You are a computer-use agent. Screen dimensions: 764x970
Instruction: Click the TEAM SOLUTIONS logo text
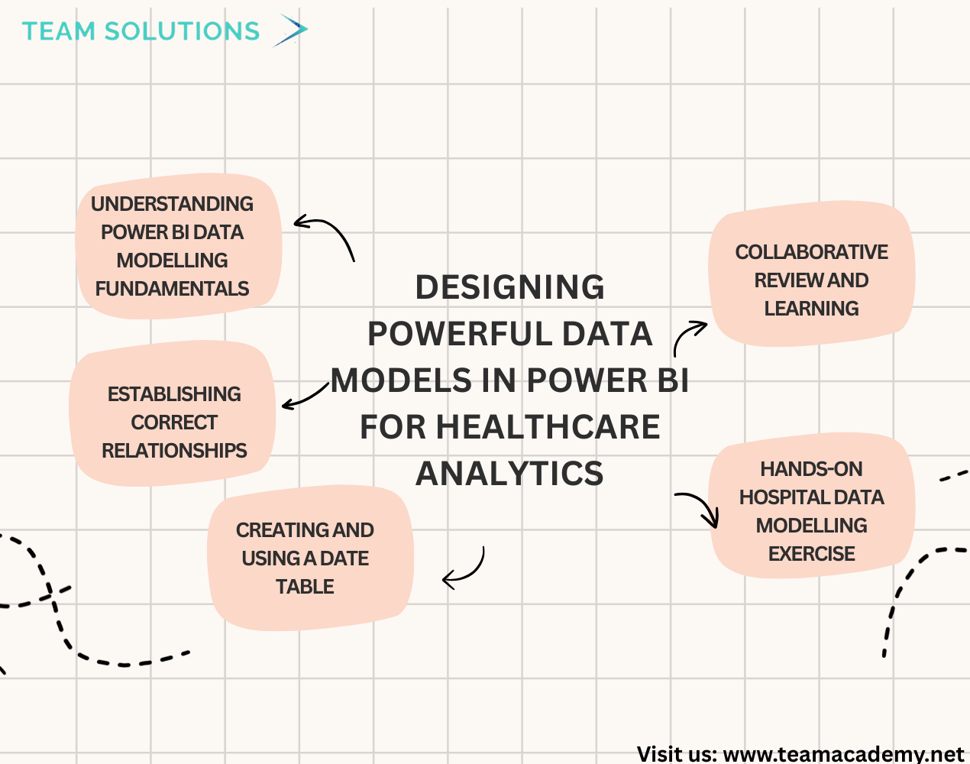(141, 31)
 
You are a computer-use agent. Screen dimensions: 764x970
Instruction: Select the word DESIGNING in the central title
(509, 288)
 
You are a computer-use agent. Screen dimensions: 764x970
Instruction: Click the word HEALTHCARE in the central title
(548, 427)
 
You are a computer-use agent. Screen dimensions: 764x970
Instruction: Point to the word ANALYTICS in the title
(509, 474)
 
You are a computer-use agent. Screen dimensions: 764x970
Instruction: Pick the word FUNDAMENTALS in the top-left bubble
(172, 289)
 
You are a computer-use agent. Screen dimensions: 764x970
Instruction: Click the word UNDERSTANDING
(172, 204)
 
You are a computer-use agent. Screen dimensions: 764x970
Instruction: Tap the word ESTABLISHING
(174, 394)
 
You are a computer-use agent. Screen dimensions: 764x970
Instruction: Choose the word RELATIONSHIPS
(174, 451)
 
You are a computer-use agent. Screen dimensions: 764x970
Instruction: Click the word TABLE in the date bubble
(305, 587)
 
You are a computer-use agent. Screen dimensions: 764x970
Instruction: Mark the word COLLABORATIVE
(811, 252)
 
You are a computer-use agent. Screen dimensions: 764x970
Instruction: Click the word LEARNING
(811, 309)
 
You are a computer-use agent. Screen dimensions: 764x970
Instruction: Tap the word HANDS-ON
(811, 469)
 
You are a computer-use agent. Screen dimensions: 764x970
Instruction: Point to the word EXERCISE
(811, 554)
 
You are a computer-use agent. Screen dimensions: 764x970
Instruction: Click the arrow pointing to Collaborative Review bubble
(688, 336)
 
